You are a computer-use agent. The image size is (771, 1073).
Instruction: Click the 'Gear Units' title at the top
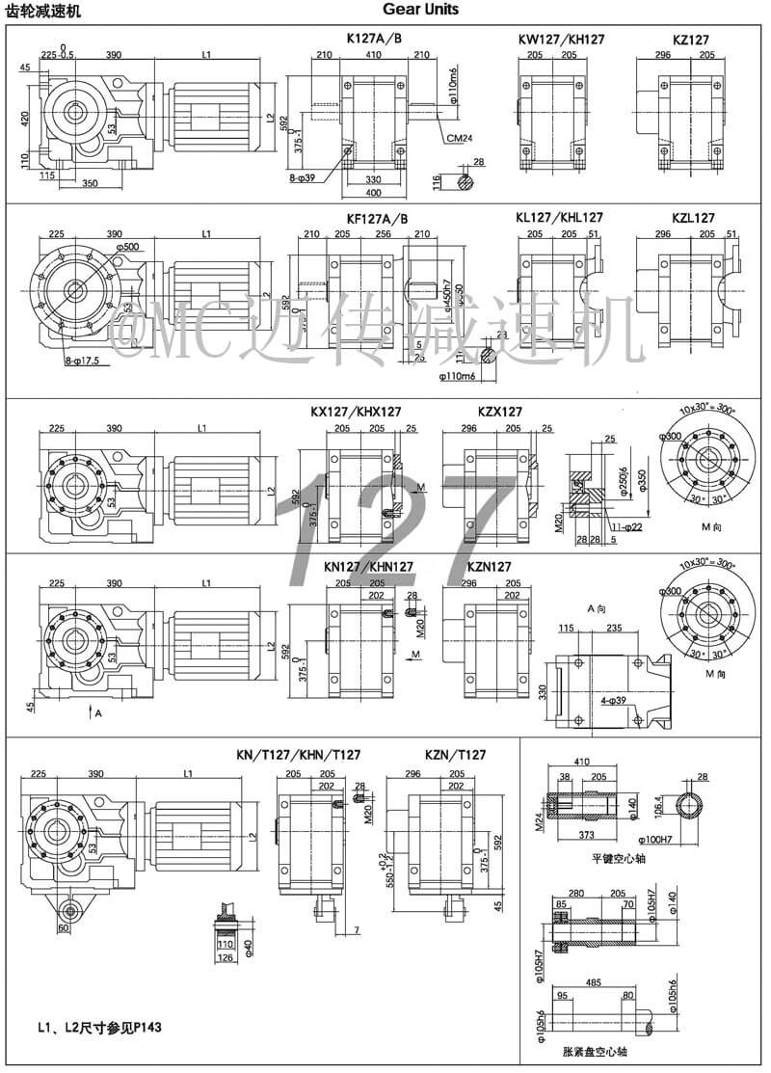pos(420,10)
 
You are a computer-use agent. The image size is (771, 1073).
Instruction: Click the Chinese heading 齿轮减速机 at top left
pos(43,11)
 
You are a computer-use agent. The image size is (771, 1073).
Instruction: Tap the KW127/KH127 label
pos(561,40)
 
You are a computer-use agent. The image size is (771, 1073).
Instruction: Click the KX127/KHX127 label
pos(356,412)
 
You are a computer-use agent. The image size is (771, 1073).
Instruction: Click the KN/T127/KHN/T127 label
pos(299,755)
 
